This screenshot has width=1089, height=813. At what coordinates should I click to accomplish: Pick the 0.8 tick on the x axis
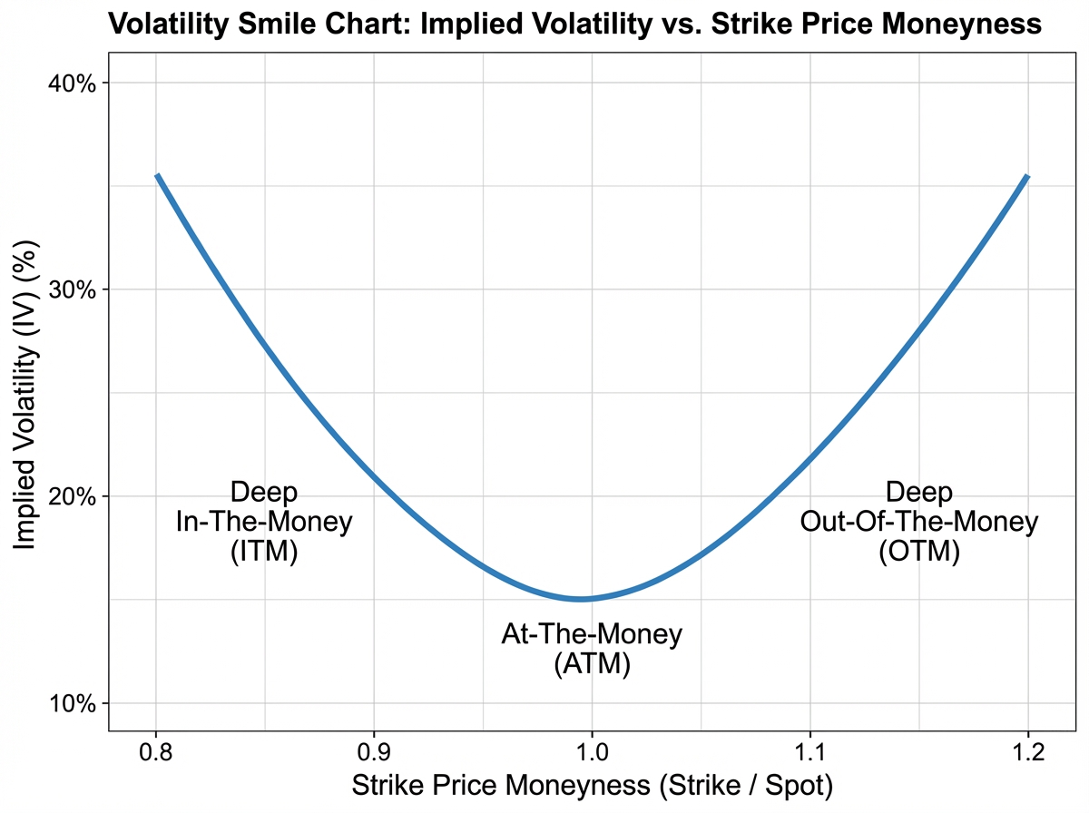(x=156, y=752)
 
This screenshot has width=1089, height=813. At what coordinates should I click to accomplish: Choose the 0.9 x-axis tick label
(x=374, y=752)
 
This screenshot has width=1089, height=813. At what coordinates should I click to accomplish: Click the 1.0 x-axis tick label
(x=592, y=752)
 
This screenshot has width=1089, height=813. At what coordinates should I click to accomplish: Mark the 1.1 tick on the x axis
(x=809, y=752)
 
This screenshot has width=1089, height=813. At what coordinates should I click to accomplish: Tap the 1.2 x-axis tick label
(x=1027, y=752)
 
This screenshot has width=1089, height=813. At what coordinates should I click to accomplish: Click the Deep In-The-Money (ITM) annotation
(x=263, y=523)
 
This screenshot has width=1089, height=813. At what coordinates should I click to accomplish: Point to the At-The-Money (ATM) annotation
(x=592, y=649)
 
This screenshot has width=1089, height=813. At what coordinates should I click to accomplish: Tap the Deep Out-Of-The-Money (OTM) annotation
(x=918, y=523)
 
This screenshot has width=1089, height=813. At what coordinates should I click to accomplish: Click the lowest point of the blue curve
(x=582, y=599)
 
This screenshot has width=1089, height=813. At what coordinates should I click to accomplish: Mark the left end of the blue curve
(x=157, y=176)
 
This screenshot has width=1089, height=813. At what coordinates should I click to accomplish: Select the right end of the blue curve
(x=1026, y=176)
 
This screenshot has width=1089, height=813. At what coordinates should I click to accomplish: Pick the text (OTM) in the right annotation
(x=918, y=552)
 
